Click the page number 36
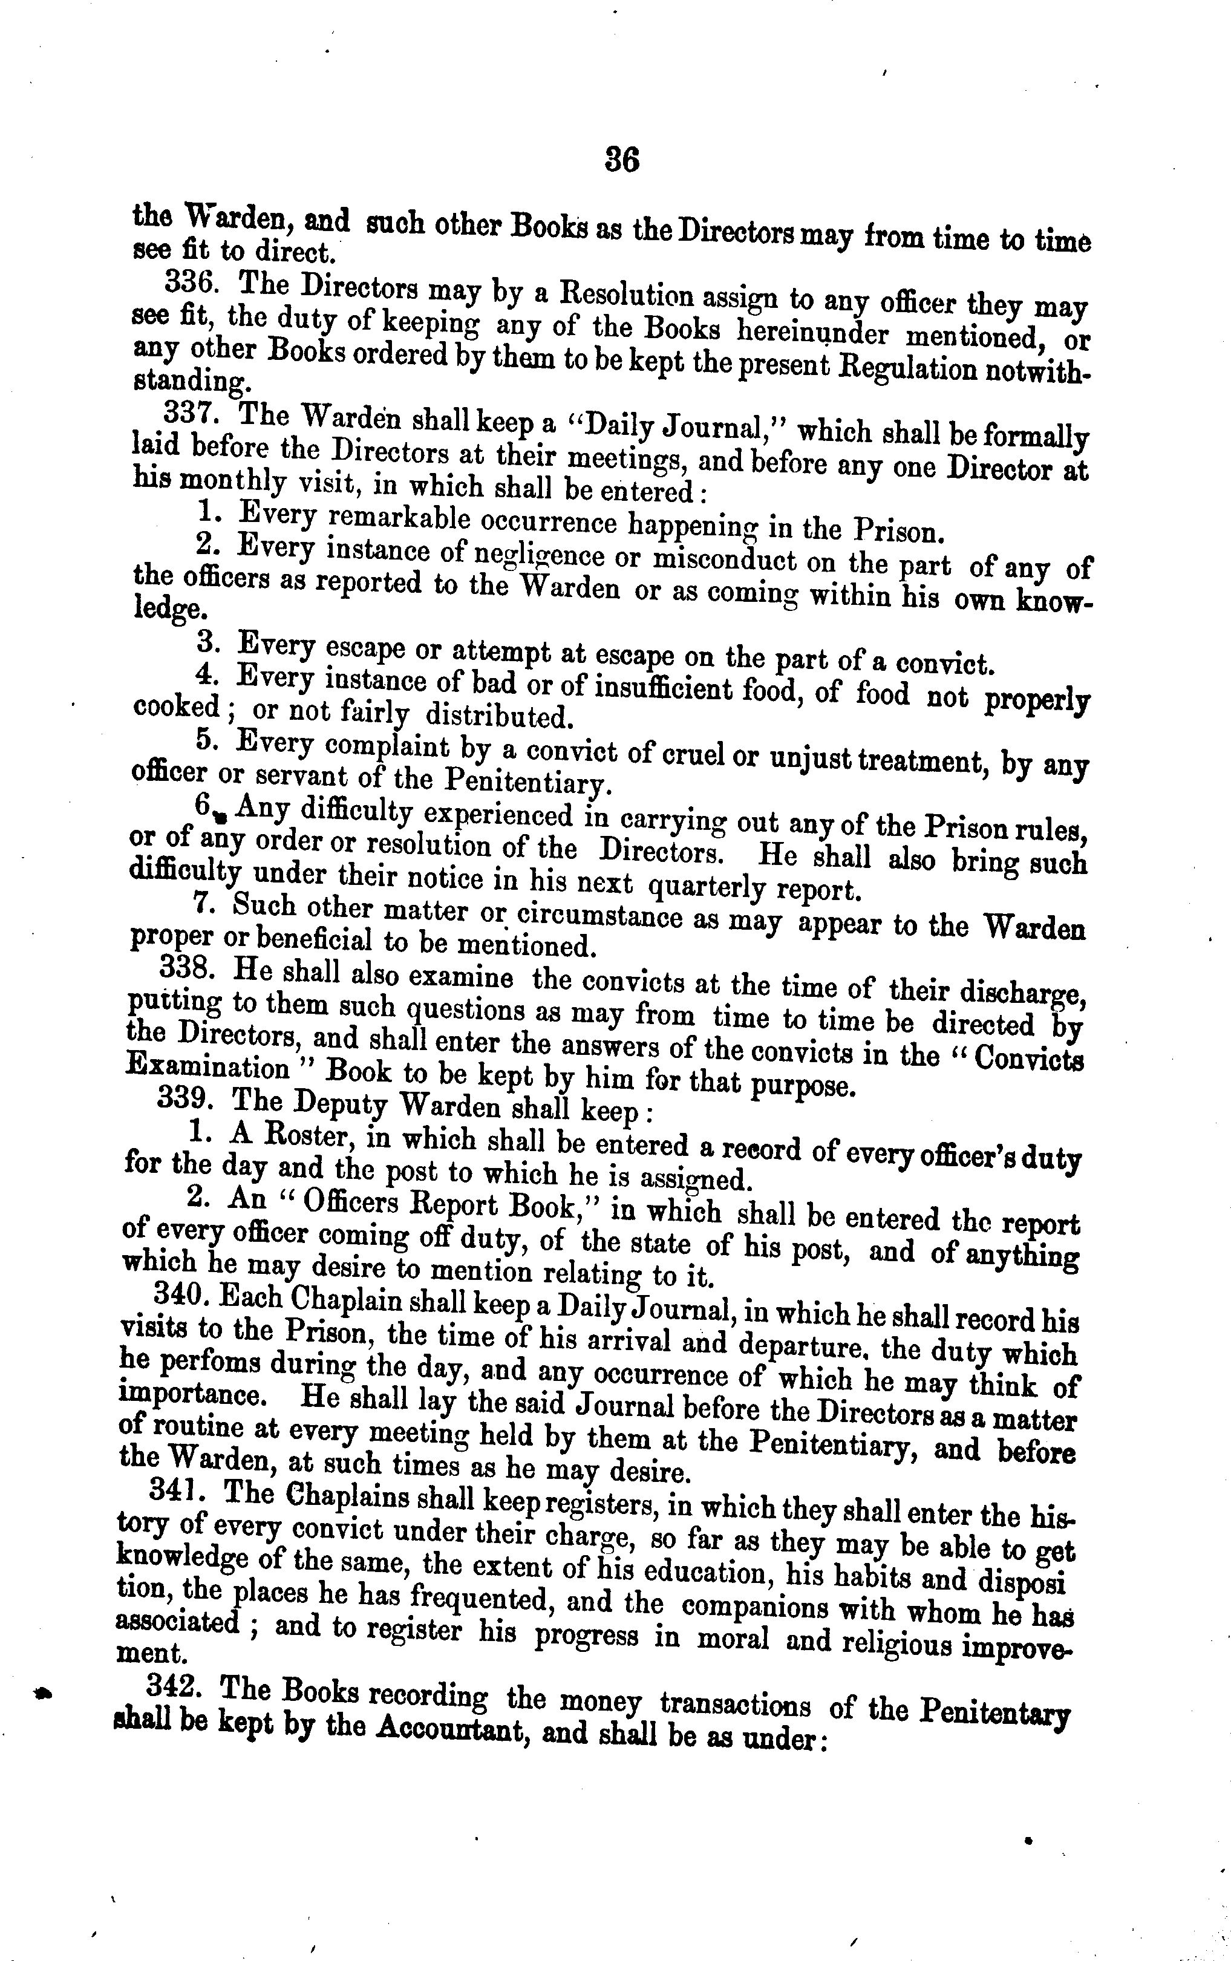(622, 160)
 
